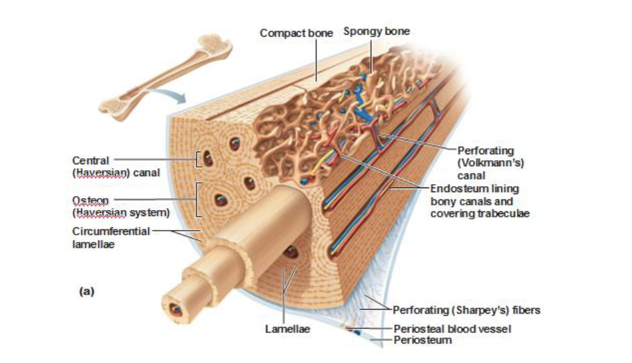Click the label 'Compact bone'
coord(296,33)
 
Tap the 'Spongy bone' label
coord(377,31)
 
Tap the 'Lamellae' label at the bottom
coord(287,328)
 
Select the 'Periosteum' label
coord(422,340)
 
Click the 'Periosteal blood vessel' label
coord(452,328)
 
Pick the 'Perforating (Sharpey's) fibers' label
coord(466,309)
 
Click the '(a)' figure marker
coord(86,291)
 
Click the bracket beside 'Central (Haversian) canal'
coord(198,160)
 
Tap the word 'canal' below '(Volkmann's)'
coord(471,176)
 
